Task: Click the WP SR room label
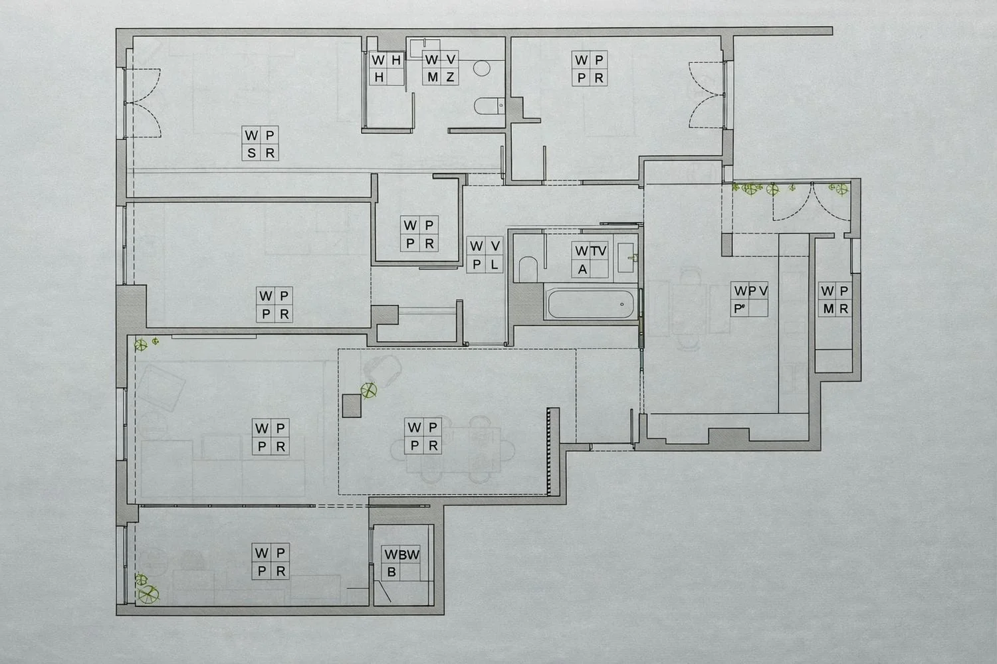[261, 143]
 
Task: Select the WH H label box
[387, 68]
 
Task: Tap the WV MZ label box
[440, 68]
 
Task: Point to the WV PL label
[485, 255]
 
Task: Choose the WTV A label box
[590, 260]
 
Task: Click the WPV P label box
[750, 299]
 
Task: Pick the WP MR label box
[835, 299]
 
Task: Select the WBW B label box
[401, 562]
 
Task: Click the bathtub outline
[591, 303]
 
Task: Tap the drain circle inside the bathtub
[621, 304]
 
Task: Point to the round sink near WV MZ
[482, 68]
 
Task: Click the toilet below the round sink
[489, 106]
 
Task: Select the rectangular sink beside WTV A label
[626, 258]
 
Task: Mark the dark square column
[352, 406]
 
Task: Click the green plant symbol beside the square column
[368, 391]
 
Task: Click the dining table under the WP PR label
[453, 450]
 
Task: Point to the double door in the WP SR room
[142, 103]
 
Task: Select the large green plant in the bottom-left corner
[148, 594]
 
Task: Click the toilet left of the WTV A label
[528, 269]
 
